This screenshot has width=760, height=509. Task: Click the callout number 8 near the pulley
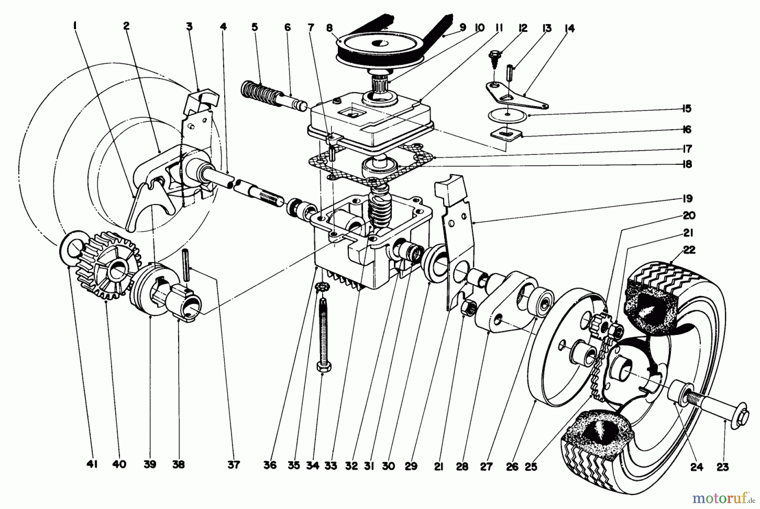tap(330, 29)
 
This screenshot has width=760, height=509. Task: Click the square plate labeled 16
tap(505, 135)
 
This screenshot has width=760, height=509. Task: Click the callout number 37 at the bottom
tap(233, 465)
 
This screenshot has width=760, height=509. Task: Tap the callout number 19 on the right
tap(687, 199)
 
